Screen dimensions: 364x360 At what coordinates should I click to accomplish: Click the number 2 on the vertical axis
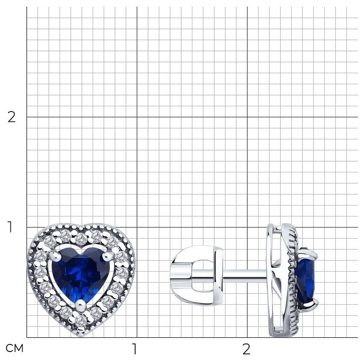tap(11, 117)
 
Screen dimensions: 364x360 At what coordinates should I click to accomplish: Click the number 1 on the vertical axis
tap(10, 227)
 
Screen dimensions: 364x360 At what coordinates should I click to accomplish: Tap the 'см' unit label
tap(15, 348)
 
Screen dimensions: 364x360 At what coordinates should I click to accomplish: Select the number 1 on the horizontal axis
tap(134, 349)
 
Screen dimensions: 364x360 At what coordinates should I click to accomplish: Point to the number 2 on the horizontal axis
tap(246, 349)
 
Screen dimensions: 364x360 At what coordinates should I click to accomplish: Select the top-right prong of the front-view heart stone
tap(107, 255)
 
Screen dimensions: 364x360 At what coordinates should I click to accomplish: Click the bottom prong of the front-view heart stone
tap(81, 304)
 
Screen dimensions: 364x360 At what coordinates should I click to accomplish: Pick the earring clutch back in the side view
tap(196, 275)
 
